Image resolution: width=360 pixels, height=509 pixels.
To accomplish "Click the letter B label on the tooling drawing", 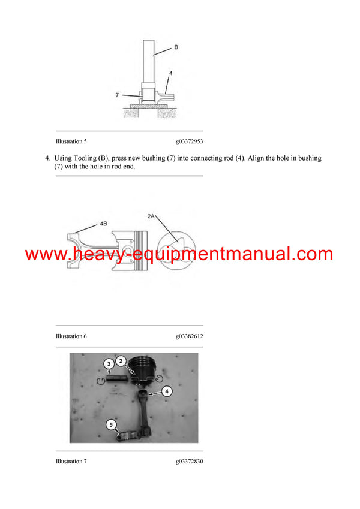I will pos(176,46).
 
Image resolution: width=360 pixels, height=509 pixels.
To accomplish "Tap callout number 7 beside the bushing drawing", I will pos(117,94).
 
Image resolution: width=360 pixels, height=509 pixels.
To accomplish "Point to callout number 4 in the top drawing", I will pos(170,74).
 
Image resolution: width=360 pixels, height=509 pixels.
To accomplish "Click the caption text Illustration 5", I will pos(71,141).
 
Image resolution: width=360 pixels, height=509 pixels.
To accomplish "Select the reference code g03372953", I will pos(189,141).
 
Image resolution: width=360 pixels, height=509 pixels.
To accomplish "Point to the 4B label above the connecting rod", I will pos(103,224).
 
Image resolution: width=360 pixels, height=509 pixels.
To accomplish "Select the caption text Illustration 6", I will pos(71,336).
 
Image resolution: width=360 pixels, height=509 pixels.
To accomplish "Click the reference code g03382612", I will pos(189,336).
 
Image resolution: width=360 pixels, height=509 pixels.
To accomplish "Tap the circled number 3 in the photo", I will pos(109,363).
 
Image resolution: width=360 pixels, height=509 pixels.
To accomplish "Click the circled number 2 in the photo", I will pos(121,361).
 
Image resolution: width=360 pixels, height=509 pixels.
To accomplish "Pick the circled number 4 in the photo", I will pos(167,391).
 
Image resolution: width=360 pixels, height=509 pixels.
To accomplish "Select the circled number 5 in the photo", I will pos(112,424).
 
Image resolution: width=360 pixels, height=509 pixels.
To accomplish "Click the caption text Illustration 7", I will pos(71,462).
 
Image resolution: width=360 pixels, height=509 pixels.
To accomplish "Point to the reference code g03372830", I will pos(189,462).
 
